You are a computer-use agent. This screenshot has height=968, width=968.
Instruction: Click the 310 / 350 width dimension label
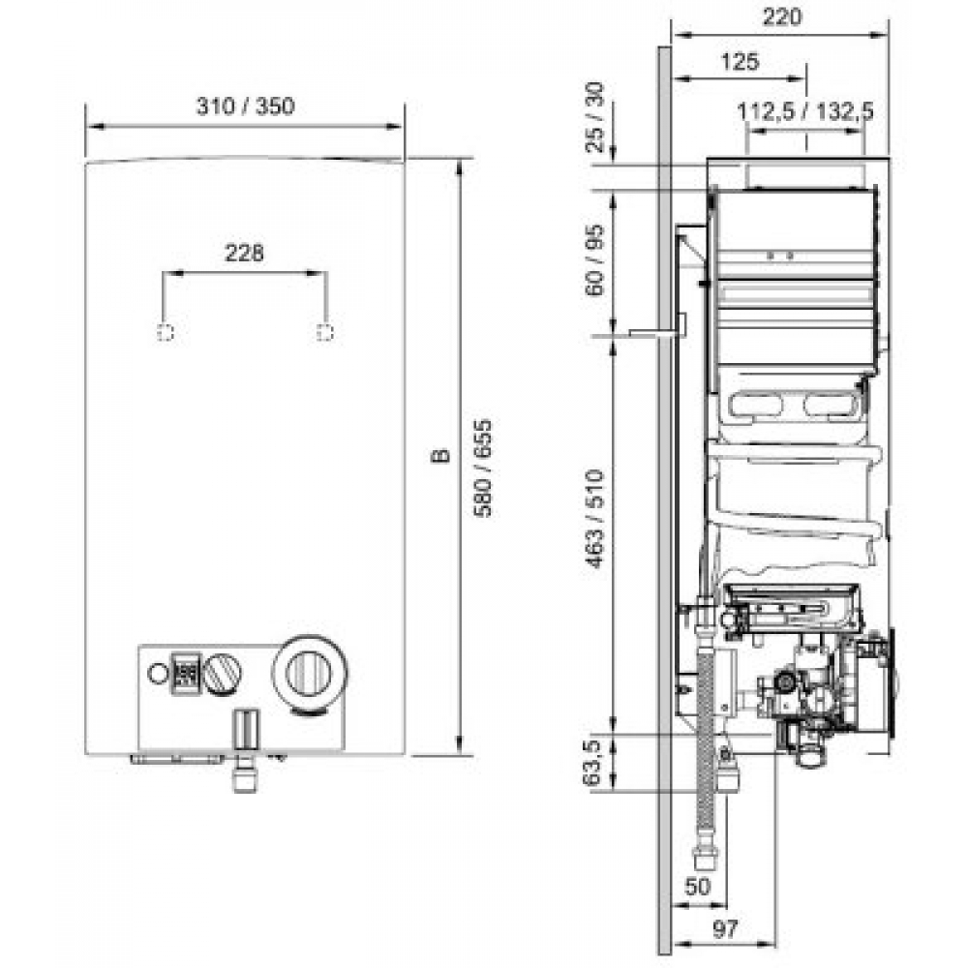[x=245, y=107]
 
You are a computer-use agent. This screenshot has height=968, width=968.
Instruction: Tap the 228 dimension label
[x=244, y=254]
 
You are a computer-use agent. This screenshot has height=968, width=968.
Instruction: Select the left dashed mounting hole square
[x=166, y=332]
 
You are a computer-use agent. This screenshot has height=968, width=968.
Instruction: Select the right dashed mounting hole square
[x=325, y=332]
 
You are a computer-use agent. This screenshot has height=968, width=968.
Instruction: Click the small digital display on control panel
[x=187, y=671]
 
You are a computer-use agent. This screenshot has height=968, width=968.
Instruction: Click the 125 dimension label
[x=740, y=62]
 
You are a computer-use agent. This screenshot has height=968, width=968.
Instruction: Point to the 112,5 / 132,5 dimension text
[x=805, y=112]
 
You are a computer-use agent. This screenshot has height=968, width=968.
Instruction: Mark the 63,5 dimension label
[x=597, y=762]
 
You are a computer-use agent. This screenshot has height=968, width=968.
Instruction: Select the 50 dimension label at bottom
[x=699, y=885]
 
